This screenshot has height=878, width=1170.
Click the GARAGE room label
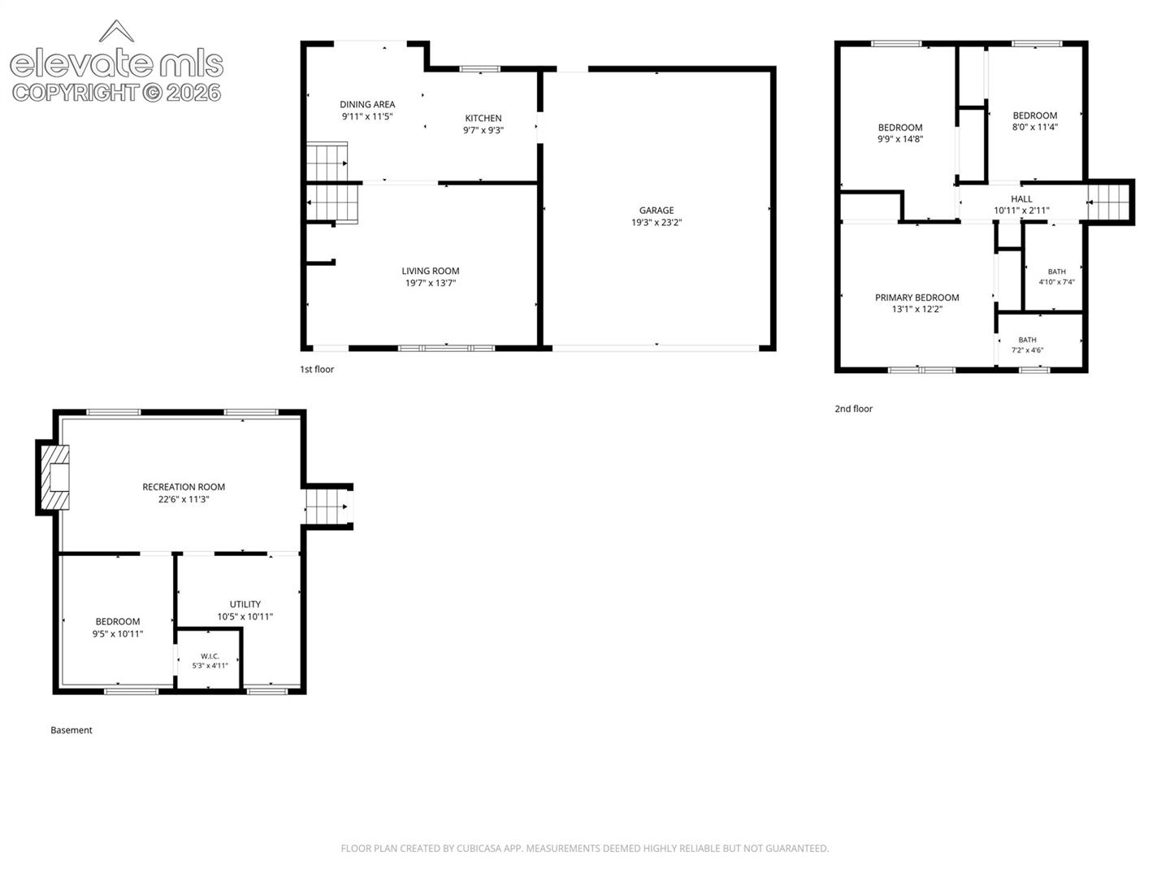tap(656, 211)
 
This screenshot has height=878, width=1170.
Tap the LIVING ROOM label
tap(430, 272)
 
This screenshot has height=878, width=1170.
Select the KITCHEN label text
tap(483, 119)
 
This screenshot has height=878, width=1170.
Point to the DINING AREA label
tap(367, 105)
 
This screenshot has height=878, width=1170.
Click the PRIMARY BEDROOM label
tap(916, 298)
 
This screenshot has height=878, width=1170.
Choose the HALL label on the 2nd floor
tap(1021, 199)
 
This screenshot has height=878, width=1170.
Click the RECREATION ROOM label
tap(184, 487)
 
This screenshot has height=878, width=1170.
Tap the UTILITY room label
tap(245, 604)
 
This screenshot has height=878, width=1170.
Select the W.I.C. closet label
tap(210, 656)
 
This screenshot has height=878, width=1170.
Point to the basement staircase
tap(326, 506)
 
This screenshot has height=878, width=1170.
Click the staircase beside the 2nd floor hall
tap(1108, 202)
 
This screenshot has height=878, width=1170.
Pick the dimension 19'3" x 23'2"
tap(656, 222)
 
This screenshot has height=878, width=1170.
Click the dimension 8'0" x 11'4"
tap(1034, 127)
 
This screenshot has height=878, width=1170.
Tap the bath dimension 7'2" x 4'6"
tap(1027, 350)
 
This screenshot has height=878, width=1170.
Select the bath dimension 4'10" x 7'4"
tap(1056, 282)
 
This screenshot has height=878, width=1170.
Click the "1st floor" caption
tap(317, 369)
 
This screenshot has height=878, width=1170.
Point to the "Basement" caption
tap(71, 730)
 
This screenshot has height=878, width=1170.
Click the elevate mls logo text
tap(117, 63)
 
